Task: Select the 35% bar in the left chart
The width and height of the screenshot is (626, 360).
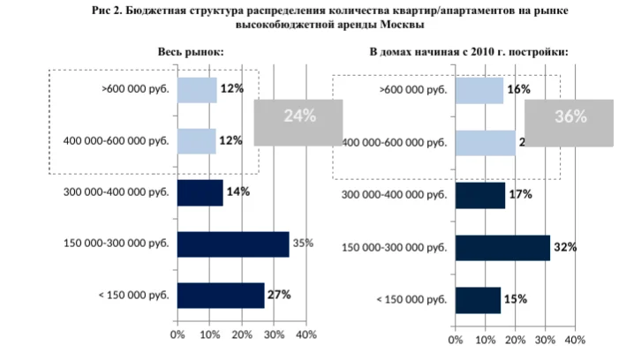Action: (234, 244)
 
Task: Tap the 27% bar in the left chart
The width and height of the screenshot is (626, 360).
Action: (221, 295)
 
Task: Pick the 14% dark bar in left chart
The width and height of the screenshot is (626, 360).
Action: (200, 192)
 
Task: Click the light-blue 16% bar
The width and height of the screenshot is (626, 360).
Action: (479, 90)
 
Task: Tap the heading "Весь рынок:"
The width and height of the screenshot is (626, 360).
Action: (192, 51)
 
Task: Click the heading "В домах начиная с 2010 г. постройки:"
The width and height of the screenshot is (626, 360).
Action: (468, 51)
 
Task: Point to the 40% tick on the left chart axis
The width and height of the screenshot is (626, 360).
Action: (305, 334)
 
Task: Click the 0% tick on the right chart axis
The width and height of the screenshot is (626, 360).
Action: (456, 339)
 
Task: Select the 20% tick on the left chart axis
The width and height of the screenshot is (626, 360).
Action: (241, 334)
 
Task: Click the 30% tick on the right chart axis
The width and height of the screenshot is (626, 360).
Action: (545, 339)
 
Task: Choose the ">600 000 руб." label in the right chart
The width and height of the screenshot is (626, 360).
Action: (413, 90)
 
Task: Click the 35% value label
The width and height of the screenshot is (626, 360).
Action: (304, 244)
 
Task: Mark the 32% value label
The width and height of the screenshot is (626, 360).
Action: (565, 248)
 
